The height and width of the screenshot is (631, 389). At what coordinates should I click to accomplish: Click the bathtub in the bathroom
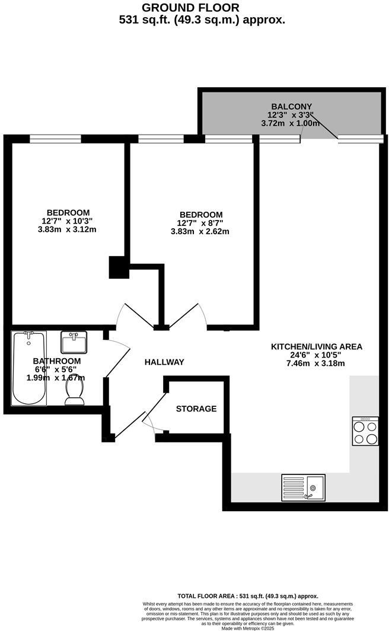click(29, 368)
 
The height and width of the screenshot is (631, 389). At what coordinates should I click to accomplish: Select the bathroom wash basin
click(74, 342)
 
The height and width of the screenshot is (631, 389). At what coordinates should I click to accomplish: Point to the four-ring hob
click(365, 431)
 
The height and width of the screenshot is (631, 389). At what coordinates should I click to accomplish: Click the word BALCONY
click(291, 107)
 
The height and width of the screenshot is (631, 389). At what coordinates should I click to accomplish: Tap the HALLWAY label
click(164, 362)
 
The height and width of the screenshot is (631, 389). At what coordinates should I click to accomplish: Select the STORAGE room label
click(196, 409)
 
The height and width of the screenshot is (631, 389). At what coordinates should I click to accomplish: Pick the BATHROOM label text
click(56, 361)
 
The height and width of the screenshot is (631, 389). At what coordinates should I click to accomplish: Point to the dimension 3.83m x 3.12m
click(66, 230)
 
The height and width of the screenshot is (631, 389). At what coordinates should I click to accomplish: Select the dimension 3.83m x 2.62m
click(200, 231)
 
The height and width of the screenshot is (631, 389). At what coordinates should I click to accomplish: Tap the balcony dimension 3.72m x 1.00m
click(291, 123)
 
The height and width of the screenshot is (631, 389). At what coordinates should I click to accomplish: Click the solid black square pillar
click(119, 267)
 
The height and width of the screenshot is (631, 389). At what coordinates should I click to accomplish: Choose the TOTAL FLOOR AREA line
click(248, 596)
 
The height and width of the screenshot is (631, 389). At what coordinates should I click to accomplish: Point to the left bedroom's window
click(55, 139)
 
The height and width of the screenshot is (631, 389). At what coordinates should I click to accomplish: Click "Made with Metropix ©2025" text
click(248, 628)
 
